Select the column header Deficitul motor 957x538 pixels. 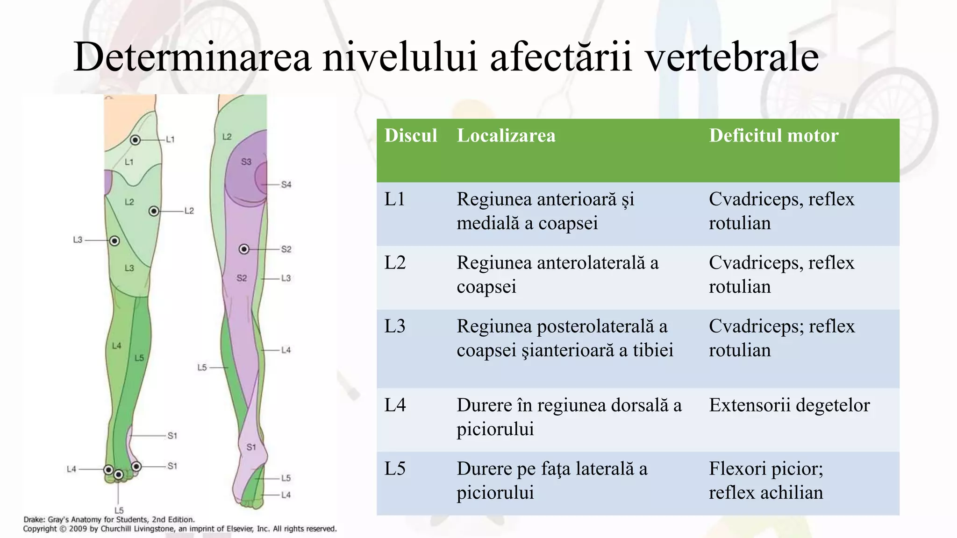773,135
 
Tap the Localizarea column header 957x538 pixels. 506,135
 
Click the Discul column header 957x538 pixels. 411,135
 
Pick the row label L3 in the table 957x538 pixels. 395,326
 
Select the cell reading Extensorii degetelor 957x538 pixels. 789,405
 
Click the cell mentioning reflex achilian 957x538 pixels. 765,481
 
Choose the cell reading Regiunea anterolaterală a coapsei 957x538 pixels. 557,275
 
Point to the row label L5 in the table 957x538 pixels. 395,468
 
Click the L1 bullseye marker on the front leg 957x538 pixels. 135,140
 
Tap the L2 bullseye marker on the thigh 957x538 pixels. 154,211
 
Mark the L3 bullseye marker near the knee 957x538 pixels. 114,241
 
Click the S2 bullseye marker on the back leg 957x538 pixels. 244,249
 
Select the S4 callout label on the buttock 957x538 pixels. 286,185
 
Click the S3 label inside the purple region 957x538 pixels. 246,162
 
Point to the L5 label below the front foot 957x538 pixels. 119,510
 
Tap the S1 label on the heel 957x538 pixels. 251,447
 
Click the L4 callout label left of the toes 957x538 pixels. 71,469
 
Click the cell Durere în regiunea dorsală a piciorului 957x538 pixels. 569,417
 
